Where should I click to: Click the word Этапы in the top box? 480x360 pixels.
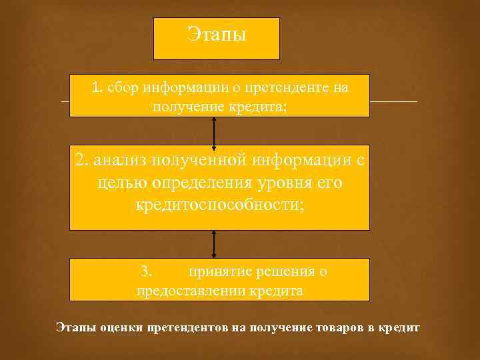coord(217,35)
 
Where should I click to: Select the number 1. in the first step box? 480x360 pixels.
coord(97,87)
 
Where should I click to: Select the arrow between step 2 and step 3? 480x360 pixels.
coord(214,245)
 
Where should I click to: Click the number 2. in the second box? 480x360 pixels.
coord(81,161)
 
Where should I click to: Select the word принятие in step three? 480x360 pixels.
coord(217,272)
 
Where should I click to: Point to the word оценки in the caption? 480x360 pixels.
coord(123,328)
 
